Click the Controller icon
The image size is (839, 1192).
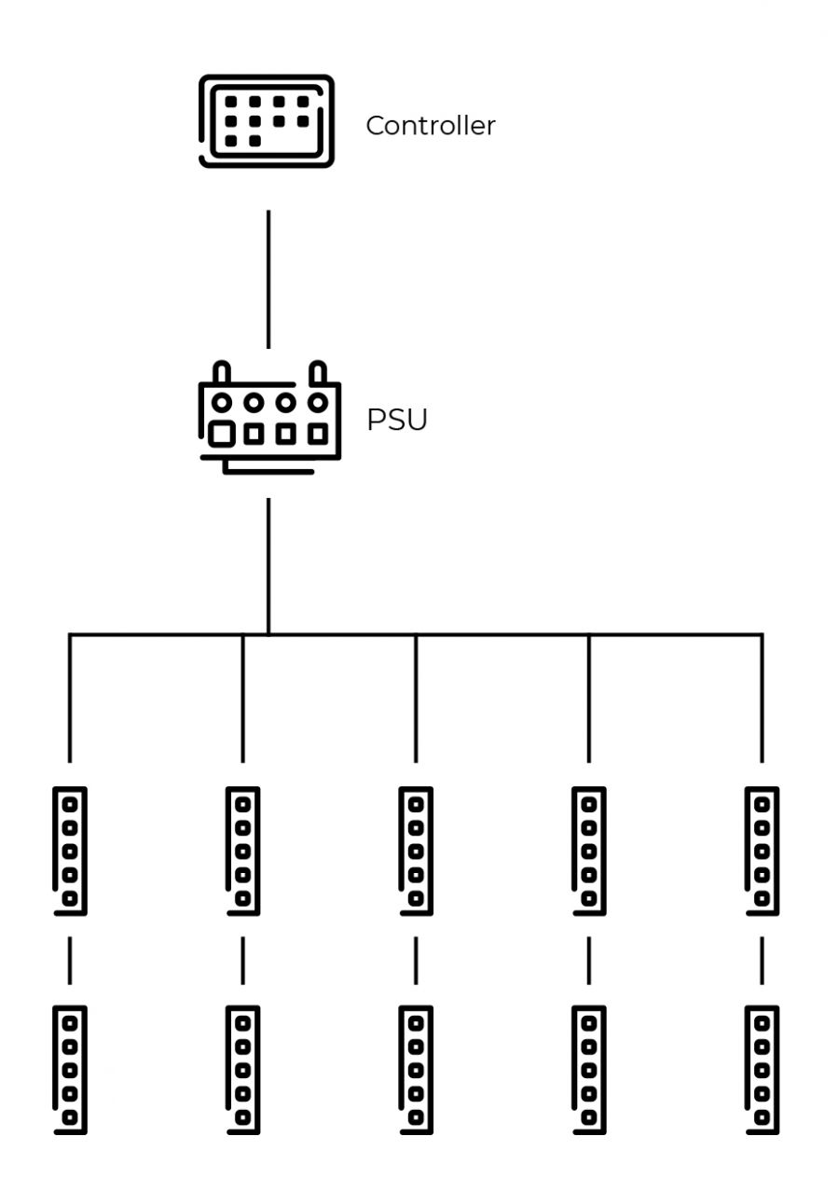coord(267,121)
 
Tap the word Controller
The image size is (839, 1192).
coord(430,126)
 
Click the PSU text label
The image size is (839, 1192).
coord(397,421)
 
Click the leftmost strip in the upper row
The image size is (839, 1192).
coord(70,851)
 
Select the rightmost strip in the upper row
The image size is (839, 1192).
coord(763,851)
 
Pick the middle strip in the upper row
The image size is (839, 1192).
coord(416,851)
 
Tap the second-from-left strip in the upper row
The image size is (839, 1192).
coord(242,851)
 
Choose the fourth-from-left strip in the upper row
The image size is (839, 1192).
coord(589,851)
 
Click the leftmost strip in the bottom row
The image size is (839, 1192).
coord(70,1070)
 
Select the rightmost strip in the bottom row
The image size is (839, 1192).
coord(763,1070)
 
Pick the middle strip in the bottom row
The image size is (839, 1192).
coord(416,1070)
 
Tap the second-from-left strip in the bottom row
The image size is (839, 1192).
coord(242,1070)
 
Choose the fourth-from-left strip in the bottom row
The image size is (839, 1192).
coord(589,1070)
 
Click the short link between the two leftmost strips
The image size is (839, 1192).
coord(70,961)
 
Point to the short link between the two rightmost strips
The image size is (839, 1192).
coord(763,961)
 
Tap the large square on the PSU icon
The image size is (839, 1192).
coord(221,434)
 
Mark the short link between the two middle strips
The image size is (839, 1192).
coord(416,961)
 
